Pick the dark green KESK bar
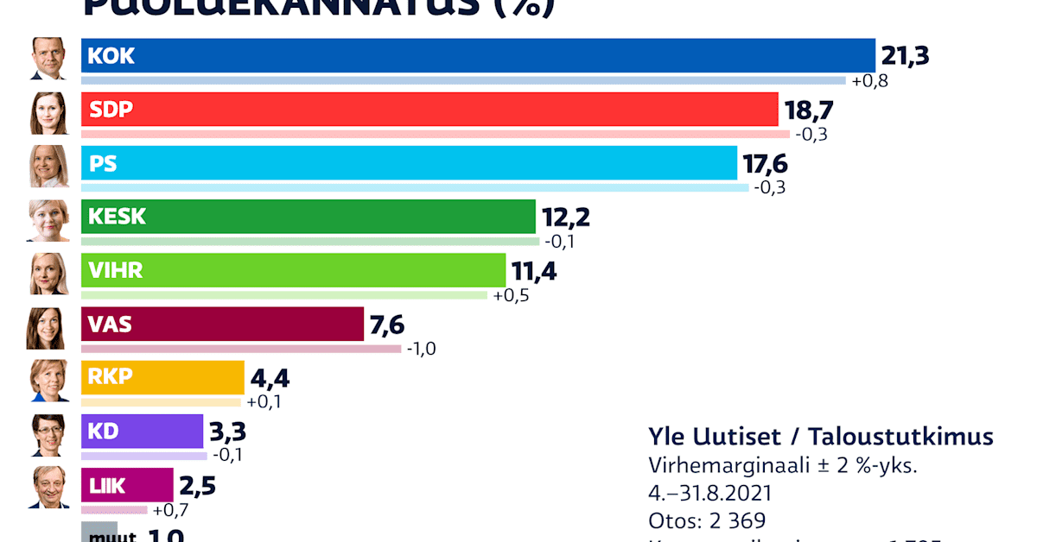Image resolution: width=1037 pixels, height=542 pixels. (309, 217)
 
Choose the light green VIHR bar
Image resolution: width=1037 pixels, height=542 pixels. (293, 270)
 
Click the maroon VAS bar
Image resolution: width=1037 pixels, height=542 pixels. (222, 325)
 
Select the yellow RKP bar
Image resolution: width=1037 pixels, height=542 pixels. (162, 377)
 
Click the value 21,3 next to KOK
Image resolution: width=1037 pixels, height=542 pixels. (905, 56)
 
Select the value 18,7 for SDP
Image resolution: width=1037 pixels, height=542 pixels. (808, 110)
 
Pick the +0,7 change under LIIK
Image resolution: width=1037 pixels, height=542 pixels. (169, 509)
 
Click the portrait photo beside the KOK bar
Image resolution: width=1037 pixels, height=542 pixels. (48, 59)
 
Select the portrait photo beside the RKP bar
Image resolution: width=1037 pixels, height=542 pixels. (48, 381)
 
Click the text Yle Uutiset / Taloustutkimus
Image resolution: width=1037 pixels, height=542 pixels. (820, 436)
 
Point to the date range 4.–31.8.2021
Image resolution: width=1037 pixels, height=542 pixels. (709, 493)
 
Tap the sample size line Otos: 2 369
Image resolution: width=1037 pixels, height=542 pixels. (707, 520)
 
